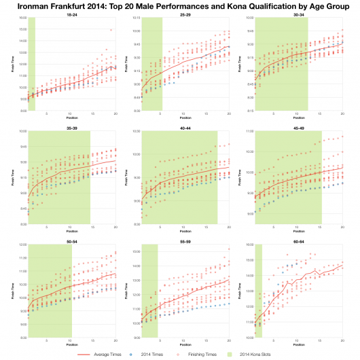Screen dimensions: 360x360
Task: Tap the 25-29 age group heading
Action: click(x=184, y=14)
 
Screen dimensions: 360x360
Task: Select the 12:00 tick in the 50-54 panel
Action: click(x=22, y=245)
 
